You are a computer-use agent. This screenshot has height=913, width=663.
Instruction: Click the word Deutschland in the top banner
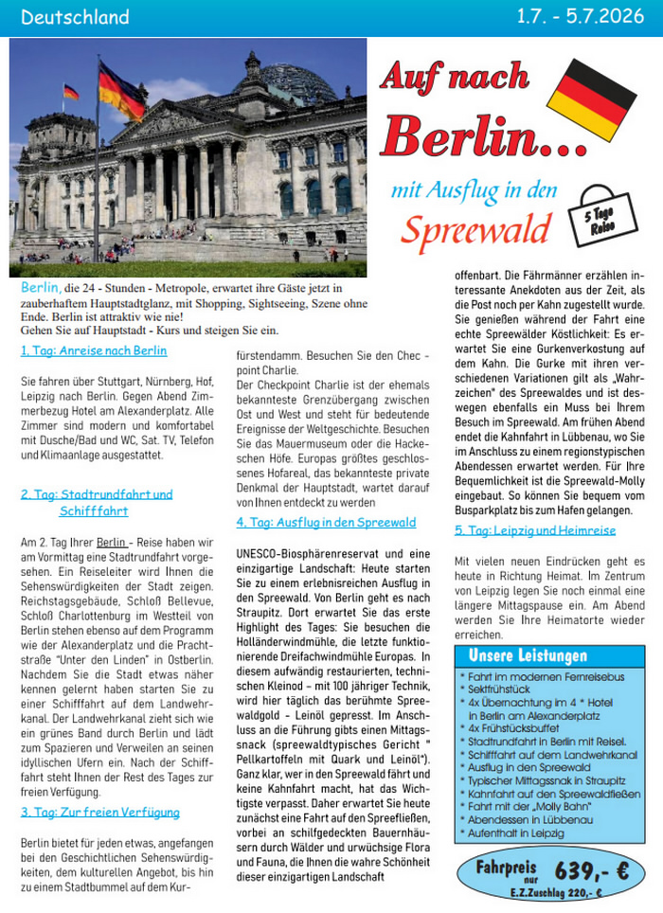coord(74,17)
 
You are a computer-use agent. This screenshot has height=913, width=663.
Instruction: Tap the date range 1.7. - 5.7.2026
coord(579,17)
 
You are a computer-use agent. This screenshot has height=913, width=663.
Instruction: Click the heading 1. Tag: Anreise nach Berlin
coord(94,350)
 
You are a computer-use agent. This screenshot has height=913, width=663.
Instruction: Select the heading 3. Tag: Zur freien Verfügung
coord(99,812)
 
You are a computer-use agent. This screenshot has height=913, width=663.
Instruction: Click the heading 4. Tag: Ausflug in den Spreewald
coord(326,522)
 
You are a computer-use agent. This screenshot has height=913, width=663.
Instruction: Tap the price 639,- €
coord(592,868)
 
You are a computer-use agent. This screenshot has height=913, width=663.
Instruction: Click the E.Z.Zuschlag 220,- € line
coord(553,891)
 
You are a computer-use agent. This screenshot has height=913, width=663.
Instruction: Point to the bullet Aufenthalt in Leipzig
coord(514,833)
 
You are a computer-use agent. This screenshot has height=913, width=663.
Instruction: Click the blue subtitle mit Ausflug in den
coord(474,189)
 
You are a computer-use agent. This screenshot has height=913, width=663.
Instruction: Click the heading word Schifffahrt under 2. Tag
coord(93,510)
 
